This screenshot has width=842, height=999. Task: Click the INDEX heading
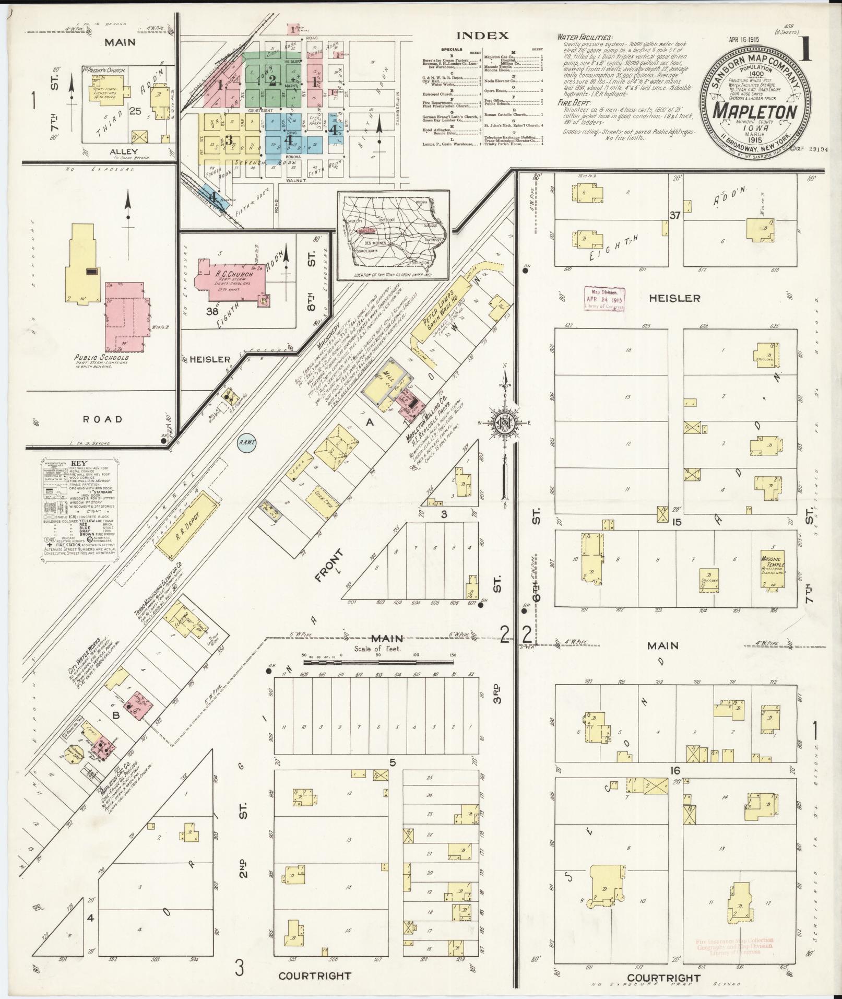coord(482,36)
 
